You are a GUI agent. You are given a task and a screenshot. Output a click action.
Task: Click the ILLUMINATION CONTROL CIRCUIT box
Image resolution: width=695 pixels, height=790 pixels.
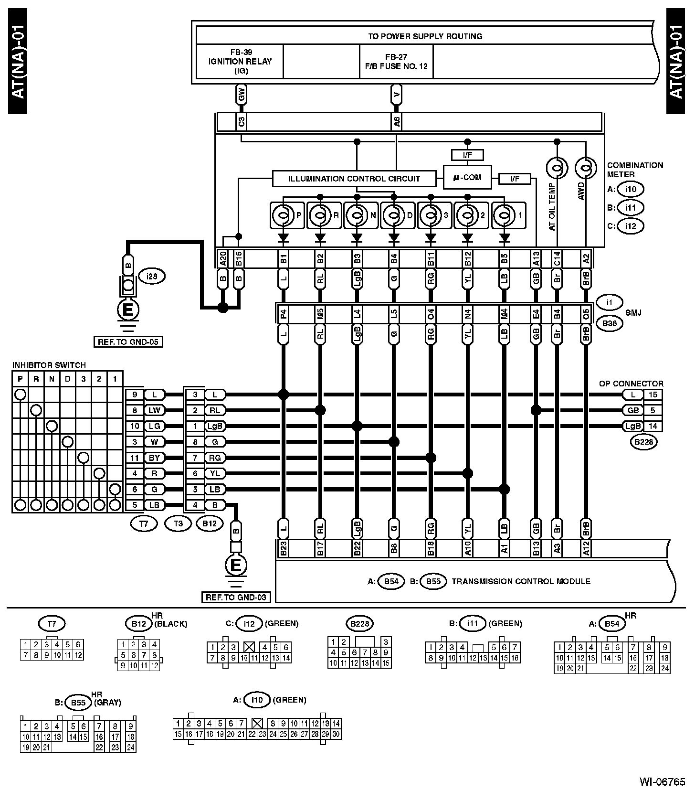click(x=354, y=179)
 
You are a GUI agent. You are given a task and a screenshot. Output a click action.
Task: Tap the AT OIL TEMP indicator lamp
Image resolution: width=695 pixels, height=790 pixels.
click(x=557, y=168)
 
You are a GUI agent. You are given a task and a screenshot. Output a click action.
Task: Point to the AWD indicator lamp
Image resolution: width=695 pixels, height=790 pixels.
click(x=586, y=168)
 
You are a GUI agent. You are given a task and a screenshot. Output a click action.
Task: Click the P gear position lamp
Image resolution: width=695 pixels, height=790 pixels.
click(x=283, y=215)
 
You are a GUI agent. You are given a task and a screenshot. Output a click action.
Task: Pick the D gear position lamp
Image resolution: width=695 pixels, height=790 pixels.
click(x=394, y=215)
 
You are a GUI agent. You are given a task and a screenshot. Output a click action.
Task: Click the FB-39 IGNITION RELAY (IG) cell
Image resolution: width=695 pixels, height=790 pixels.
click(x=240, y=62)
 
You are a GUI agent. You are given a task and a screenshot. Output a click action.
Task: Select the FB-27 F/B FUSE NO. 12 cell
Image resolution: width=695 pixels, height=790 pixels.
click(x=396, y=62)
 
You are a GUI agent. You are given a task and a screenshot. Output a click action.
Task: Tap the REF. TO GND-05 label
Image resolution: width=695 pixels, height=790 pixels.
click(x=127, y=342)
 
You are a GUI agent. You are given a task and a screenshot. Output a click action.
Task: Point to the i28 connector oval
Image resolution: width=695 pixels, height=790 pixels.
click(x=152, y=276)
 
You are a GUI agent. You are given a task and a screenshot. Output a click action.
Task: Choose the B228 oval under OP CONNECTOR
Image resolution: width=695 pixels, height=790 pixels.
click(x=643, y=442)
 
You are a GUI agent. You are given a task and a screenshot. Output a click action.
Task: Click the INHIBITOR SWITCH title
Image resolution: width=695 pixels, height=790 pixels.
click(x=49, y=365)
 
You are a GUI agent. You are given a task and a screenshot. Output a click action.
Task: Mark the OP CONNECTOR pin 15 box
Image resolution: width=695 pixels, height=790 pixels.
click(x=653, y=395)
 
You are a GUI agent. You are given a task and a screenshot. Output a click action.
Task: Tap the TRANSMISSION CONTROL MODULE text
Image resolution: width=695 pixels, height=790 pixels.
click(x=521, y=581)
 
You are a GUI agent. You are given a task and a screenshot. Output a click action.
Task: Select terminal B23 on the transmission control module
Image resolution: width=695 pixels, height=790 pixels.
click(x=283, y=548)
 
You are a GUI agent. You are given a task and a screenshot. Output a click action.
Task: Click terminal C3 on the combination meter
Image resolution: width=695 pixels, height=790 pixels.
click(x=242, y=122)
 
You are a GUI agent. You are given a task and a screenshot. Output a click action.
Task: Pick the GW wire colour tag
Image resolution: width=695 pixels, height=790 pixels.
click(x=242, y=95)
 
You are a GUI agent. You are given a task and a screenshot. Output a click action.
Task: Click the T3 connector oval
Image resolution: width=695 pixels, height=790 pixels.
click(x=178, y=523)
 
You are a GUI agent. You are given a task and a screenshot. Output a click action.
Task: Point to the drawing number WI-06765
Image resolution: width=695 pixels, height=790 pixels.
click(x=662, y=781)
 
